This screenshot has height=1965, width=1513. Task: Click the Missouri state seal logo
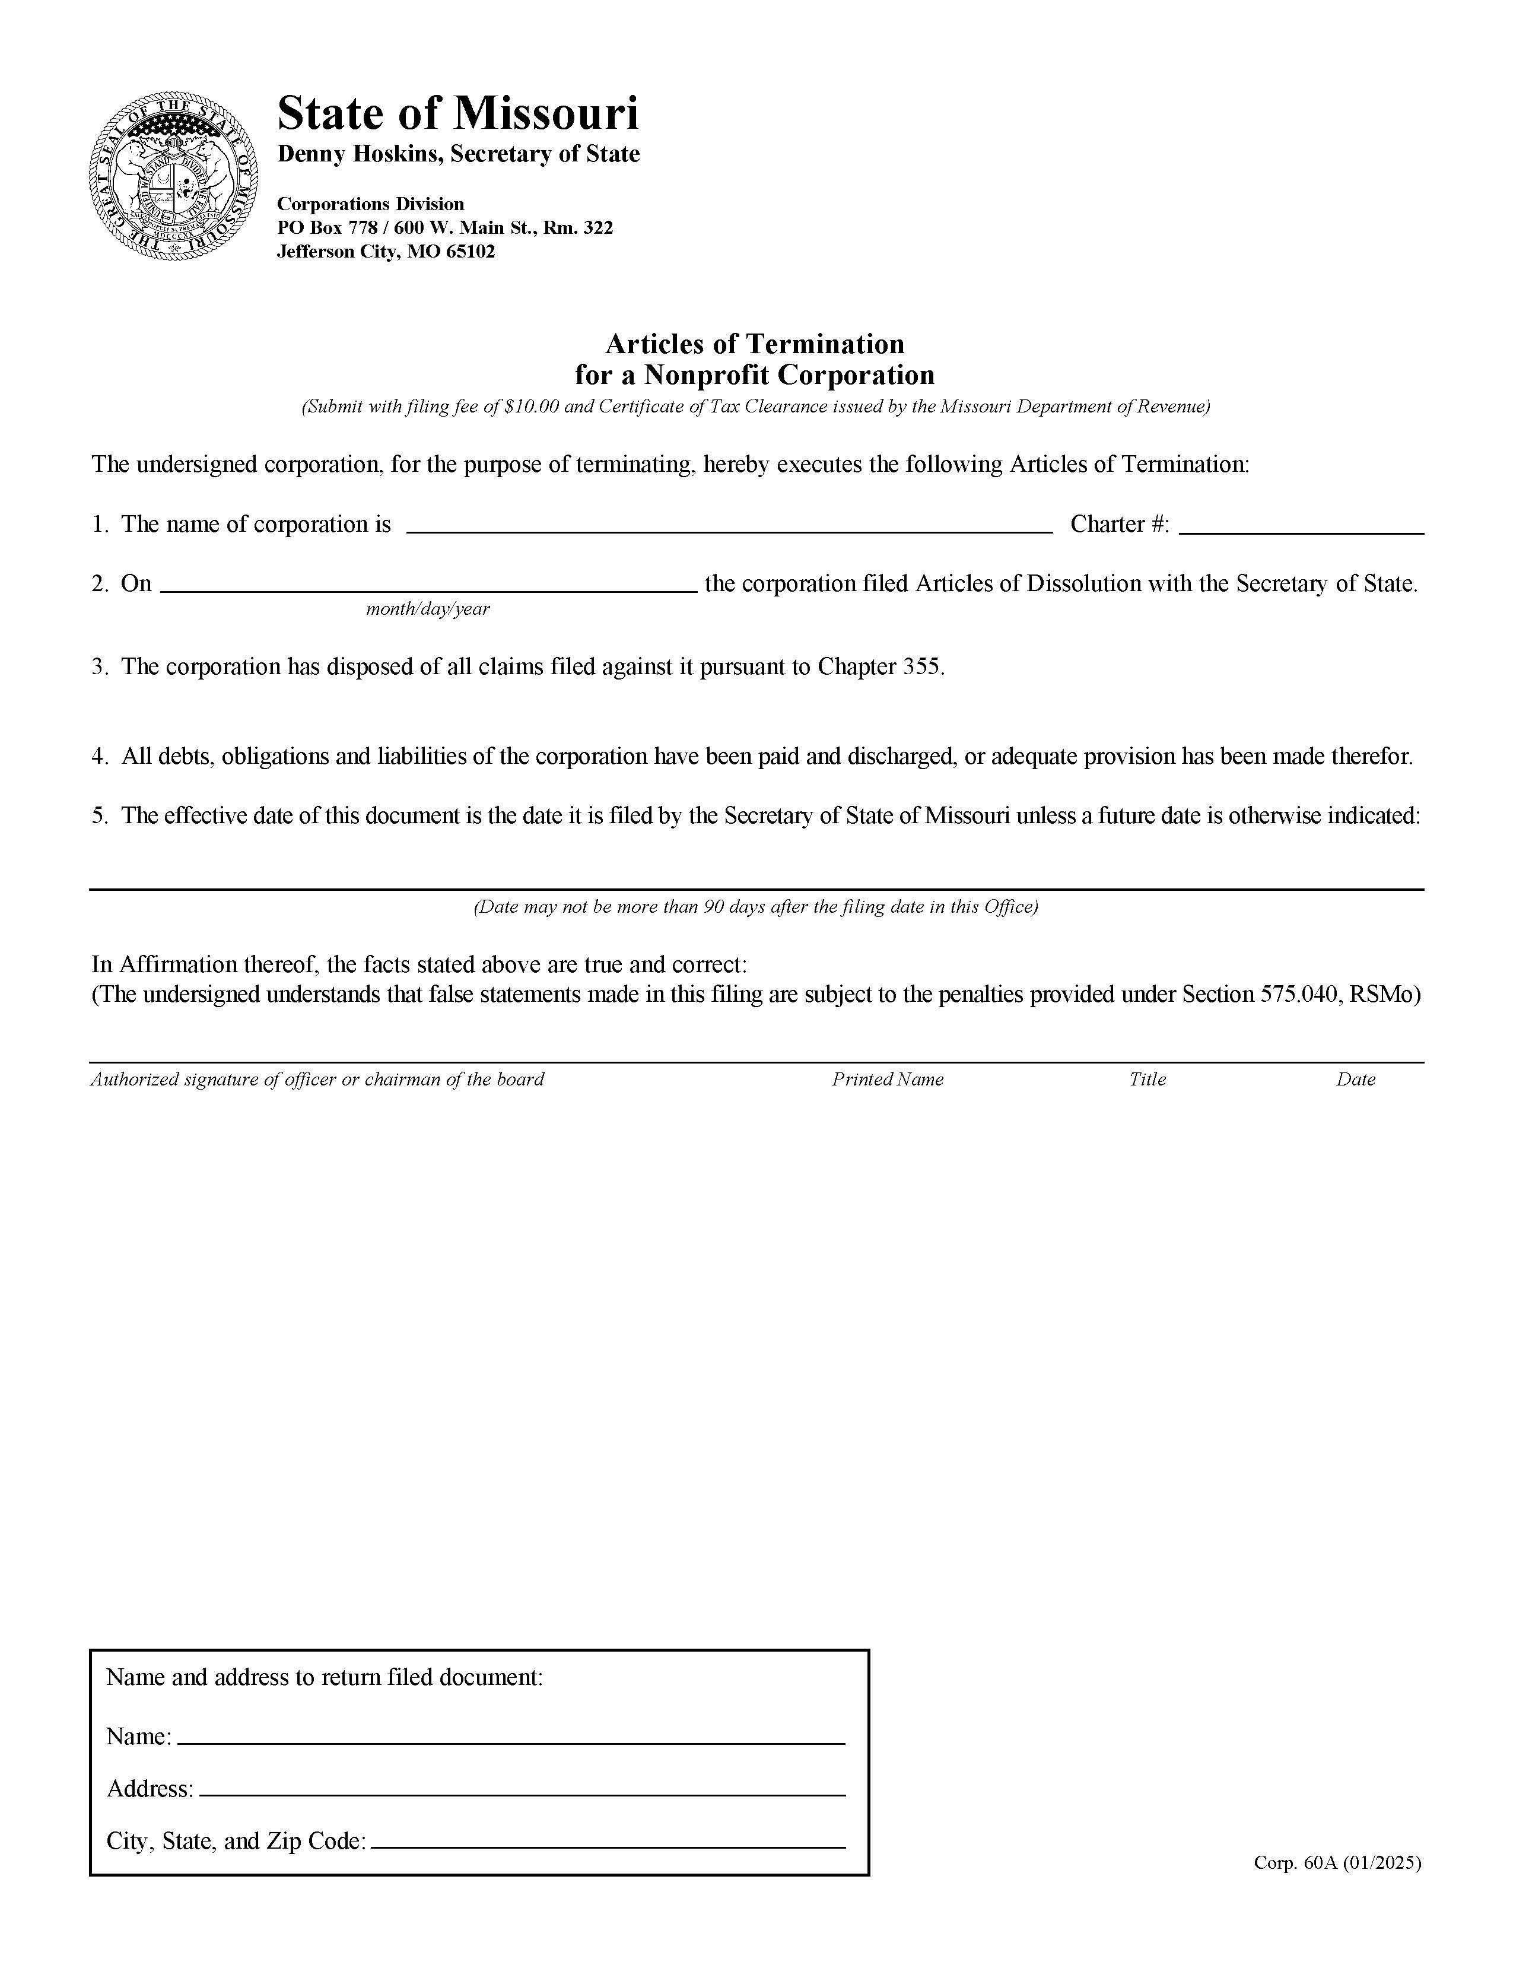pos(174,176)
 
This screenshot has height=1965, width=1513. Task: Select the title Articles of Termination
pos(755,344)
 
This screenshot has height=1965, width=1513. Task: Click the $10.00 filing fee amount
pos(532,407)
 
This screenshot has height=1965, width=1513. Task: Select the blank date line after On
pos(428,584)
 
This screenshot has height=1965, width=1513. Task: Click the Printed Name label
pos(887,1080)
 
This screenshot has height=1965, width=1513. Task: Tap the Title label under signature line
pos(1147,1080)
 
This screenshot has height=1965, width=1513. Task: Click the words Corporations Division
pos(371,204)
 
